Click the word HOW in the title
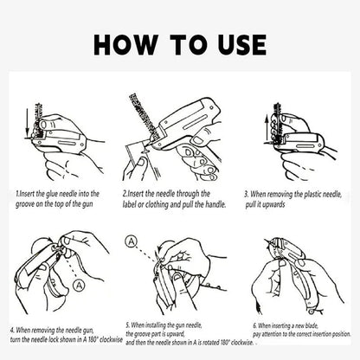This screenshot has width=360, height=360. (x=125, y=45)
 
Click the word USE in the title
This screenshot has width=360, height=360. (x=242, y=45)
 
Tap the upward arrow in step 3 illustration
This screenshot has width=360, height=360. (x=267, y=128)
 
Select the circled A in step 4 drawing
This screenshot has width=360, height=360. (x=78, y=286)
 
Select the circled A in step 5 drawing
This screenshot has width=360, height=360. (x=132, y=241)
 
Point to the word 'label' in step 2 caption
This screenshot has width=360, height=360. (x=129, y=204)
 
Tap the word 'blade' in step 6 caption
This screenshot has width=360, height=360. (x=311, y=326)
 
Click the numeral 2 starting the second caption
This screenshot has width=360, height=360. (x=125, y=194)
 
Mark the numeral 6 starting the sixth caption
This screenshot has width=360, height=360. (x=254, y=326)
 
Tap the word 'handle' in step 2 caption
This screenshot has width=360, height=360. (x=215, y=204)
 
